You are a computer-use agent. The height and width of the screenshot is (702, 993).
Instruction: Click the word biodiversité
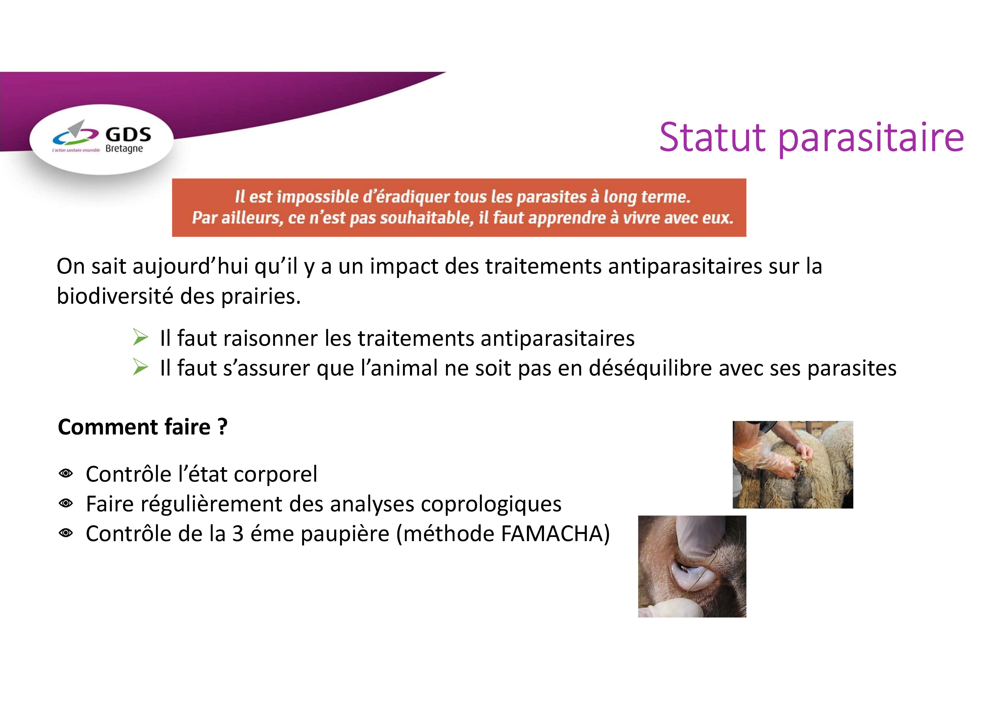115,297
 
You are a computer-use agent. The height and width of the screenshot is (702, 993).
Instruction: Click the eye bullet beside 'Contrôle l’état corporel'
66,474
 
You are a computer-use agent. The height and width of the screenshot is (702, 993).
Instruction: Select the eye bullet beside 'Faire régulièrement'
66,504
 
